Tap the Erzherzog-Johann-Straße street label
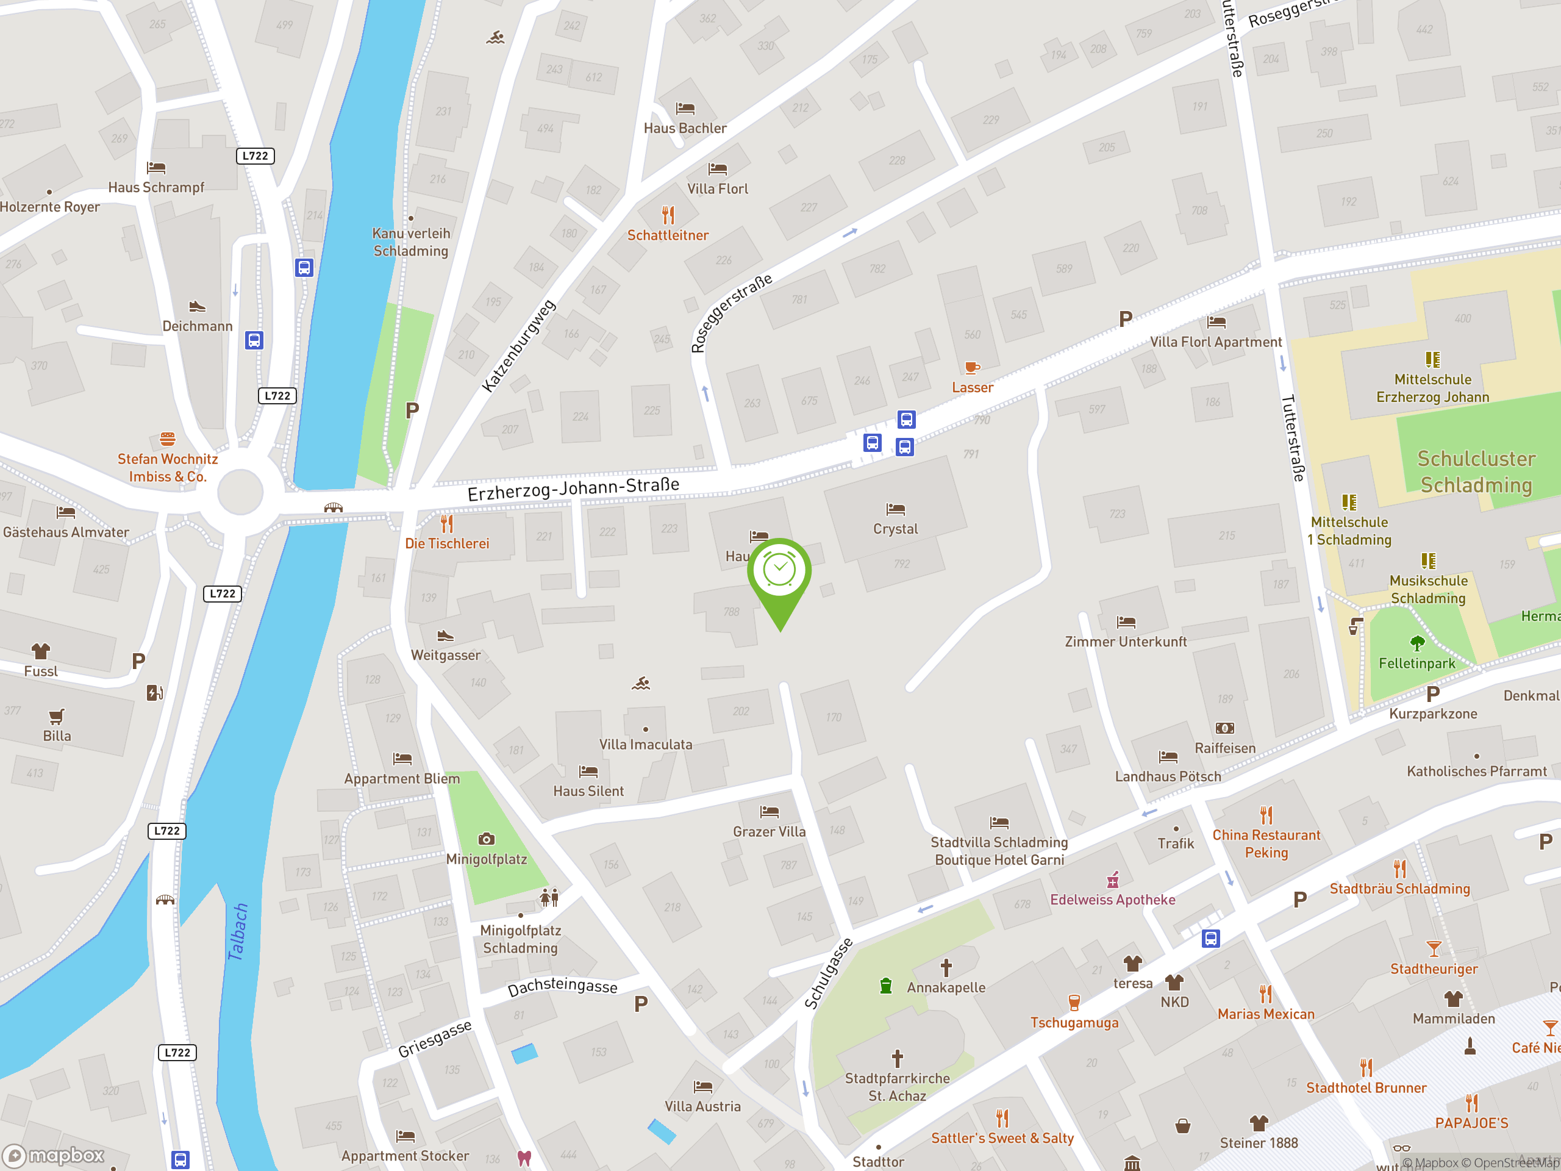click(573, 489)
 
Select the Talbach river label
click(238, 932)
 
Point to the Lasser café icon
click(972, 367)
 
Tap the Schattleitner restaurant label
click(668, 235)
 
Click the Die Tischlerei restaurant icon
click(447, 524)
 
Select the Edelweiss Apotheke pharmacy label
click(1112, 899)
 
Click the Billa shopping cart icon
click(57, 717)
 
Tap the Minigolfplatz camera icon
click(486, 839)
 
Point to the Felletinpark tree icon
click(1416, 643)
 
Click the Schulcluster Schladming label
click(1476, 471)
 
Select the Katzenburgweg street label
click(519, 346)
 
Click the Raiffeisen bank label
click(1224, 748)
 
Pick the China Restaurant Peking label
click(1266, 843)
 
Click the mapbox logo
click(54, 1156)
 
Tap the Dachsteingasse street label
click(562, 986)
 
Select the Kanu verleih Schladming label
click(411, 242)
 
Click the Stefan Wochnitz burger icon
click(167, 439)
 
